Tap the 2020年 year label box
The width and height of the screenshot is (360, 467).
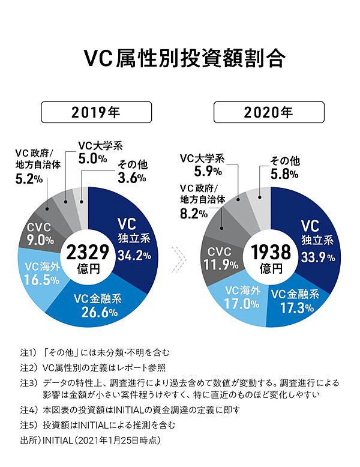[269, 112]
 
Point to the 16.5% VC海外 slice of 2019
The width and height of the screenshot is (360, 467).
[45, 273]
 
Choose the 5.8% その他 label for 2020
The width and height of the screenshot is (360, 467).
[283, 175]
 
